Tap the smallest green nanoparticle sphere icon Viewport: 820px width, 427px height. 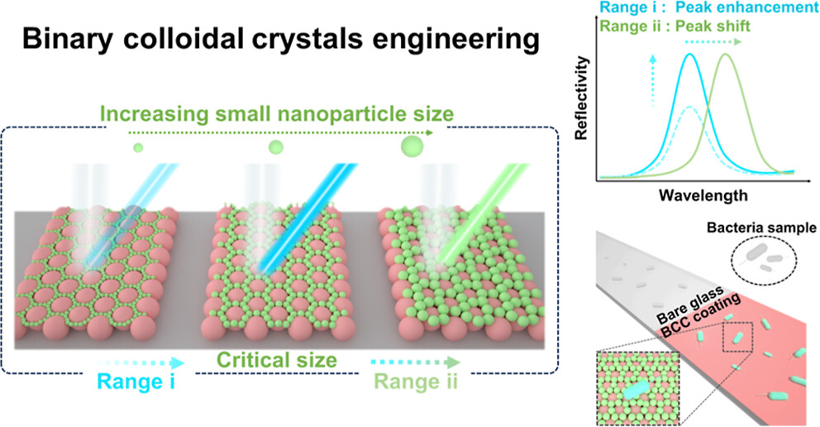pos(138,147)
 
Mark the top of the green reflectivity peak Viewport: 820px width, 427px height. pos(725,55)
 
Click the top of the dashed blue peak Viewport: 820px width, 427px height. pos(689,108)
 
